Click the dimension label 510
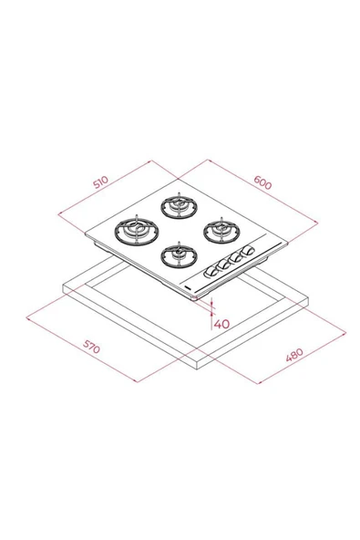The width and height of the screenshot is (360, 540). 100,182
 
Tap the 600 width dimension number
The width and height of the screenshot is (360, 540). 262,182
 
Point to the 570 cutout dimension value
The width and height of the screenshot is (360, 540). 91,347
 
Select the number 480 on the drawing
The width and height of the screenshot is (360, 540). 294,355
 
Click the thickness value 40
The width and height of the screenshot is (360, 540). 221,324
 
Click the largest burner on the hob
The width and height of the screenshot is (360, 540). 135,231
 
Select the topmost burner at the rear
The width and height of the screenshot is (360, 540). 179,206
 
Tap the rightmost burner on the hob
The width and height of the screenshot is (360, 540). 221,230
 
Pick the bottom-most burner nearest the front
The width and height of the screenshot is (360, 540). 179,255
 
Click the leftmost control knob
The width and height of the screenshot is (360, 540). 210,273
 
